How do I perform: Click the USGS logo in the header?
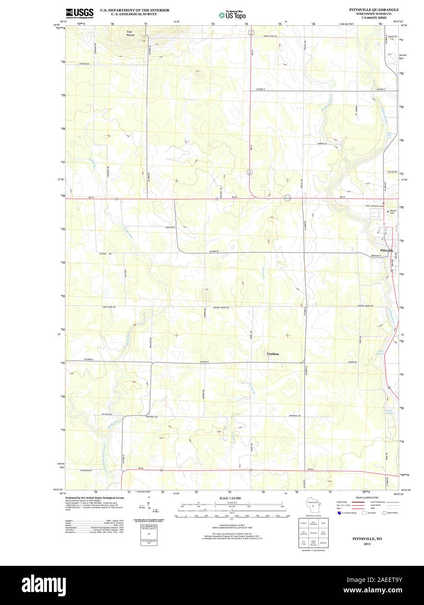click(x=80, y=13)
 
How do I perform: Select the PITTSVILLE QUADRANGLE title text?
click(x=373, y=9)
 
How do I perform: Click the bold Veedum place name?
click(x=272, y=354)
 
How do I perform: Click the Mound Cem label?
click(x=392, y=212)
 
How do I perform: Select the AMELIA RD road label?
click(x=170, y=227)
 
